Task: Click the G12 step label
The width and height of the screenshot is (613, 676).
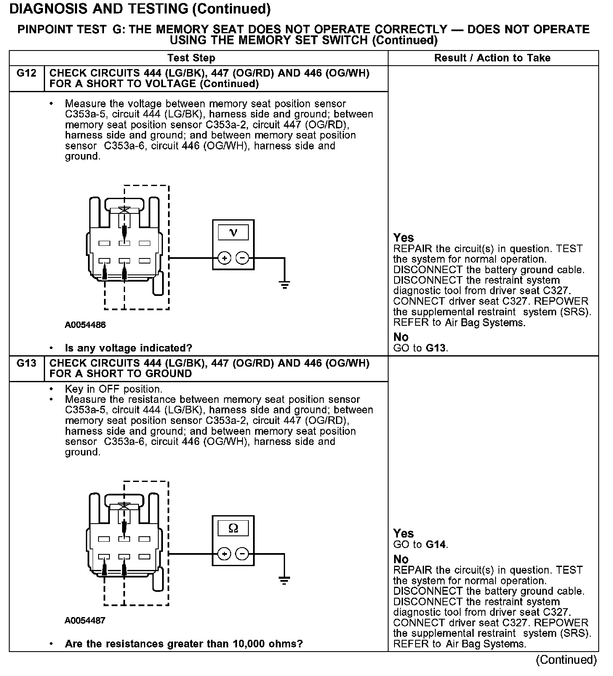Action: pyautogui.click(x=26, y=73)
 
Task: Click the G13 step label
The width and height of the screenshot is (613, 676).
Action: pyautogui.click(x=26, y=363)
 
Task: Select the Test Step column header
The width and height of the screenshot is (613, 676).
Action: pyautogui.click(x=191, y=58)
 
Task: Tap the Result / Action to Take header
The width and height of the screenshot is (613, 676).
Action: pyautogui.click(x=492, y=58)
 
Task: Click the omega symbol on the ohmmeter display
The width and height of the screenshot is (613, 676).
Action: pyautogui.click(x=233, y=528)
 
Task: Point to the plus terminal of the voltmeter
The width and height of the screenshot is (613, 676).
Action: pyautogui.click(x=224, y=258)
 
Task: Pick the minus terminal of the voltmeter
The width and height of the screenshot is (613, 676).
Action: pyautogui.click(x=242, y=258)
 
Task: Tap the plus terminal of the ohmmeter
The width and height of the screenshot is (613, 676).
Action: pyautogui.click(x=224, y=554)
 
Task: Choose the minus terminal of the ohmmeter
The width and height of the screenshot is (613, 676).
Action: pyautogui.click(x=242, y=554)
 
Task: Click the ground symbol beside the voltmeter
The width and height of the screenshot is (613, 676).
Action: pyautogui.click(x=285, y=284)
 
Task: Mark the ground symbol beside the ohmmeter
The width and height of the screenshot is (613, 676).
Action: pyautogui.click(x=285, y=580)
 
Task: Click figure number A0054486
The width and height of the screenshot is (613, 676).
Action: pyautogui.click(x=85, y=325)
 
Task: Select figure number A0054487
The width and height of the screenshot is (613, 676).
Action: pyautogui.click(x=85, y=620)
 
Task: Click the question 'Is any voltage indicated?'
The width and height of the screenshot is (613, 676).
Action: pyautogui.click(x=128, y=348)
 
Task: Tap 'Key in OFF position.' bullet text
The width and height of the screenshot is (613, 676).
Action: pyautogui.click(x=113, y=389)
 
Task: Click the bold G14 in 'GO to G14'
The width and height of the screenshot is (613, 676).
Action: pyautogui.click(x=435, y=544)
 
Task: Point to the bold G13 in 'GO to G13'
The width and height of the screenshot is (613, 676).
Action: pyautogui.click(x=435, y=348)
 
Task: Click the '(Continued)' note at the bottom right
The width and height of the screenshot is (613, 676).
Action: pyautogui.click(x=566, y=660)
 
